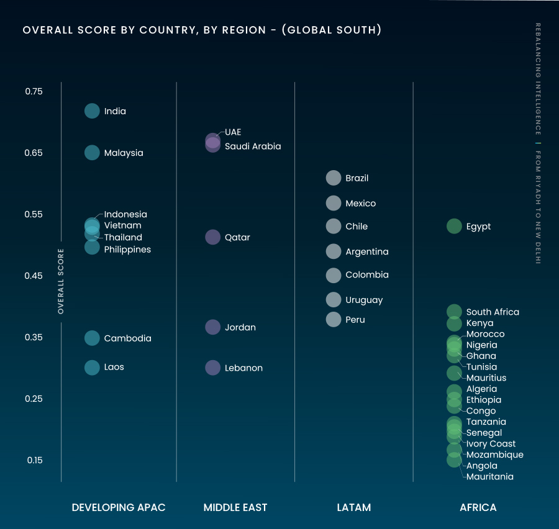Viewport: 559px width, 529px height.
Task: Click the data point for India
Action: [x=92, y=111]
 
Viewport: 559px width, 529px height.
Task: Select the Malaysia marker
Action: [x=92, y=153]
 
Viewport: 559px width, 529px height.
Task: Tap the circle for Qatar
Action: [x=212, y=237]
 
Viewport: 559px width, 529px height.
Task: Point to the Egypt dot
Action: [x=454, y=226]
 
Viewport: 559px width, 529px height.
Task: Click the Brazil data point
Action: [x=334, y=178]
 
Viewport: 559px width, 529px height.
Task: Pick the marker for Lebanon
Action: [x=212, y=368]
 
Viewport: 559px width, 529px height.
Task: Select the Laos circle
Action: [x=92, y=367]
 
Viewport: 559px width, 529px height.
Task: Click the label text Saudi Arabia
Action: [x=253, y=147]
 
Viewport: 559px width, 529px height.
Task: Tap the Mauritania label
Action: [x=489, y=477]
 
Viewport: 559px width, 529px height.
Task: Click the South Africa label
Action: [x=493, y=312]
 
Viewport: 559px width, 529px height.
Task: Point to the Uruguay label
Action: [x=364, y=300]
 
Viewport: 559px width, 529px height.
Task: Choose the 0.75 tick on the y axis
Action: [x=34, y=92]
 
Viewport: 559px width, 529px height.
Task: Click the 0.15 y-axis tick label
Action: [x=34, y=460]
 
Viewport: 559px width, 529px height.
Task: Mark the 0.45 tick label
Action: [x=34, y=276]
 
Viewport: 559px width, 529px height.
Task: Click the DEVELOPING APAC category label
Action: [x=119, y=507]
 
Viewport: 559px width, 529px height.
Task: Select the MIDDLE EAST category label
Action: [x=235, y=507]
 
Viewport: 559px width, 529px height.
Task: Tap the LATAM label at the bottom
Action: [x=353, y=507]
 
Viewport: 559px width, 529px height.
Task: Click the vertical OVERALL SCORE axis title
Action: [x=61, y=281]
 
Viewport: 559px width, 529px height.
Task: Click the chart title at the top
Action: [x=202, y=30]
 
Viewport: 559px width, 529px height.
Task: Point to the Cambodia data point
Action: [x=92, y=338]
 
